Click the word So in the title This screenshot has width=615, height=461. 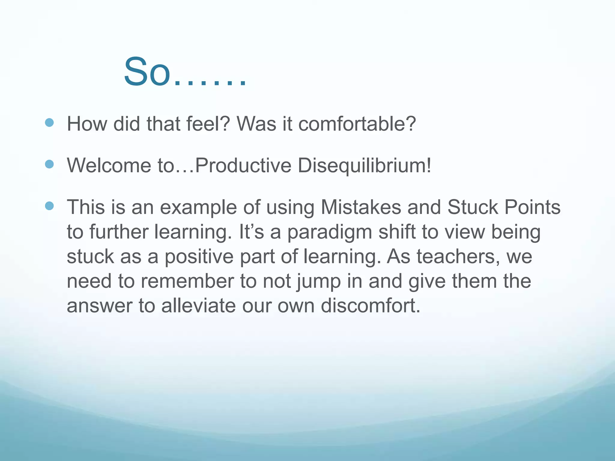[147, 73]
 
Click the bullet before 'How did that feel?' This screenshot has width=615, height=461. [49, 122]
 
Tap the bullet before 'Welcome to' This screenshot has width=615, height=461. [49, 164]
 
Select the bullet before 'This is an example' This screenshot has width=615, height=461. [49, 206]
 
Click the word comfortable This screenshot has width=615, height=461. [357, 124]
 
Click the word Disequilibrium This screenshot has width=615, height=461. [364, 165]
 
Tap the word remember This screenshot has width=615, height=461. [187, 281]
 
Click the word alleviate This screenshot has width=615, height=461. [198, 306]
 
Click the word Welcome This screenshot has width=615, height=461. [109, 165]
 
